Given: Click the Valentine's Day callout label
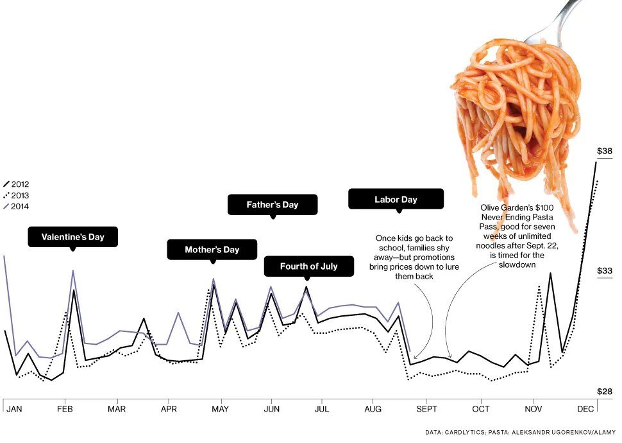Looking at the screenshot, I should (72, 237).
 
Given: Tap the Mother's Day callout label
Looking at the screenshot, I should (212, 250).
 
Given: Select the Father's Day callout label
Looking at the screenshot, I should (273, 205).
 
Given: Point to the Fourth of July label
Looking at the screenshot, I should (308, 266).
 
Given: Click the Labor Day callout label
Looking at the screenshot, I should (396, 199).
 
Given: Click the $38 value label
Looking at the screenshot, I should (605, 152).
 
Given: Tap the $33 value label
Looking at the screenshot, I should (605, 271).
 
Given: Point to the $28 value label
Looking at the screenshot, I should (605, 392).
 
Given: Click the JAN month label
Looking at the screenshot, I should (14, 409).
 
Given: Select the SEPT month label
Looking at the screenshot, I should (426, 409).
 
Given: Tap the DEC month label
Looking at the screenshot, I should (585, 409).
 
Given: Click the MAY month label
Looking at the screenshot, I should (221, 409).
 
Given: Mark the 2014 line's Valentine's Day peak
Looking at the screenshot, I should (73, 271).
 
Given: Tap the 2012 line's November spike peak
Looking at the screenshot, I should (550, 274).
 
